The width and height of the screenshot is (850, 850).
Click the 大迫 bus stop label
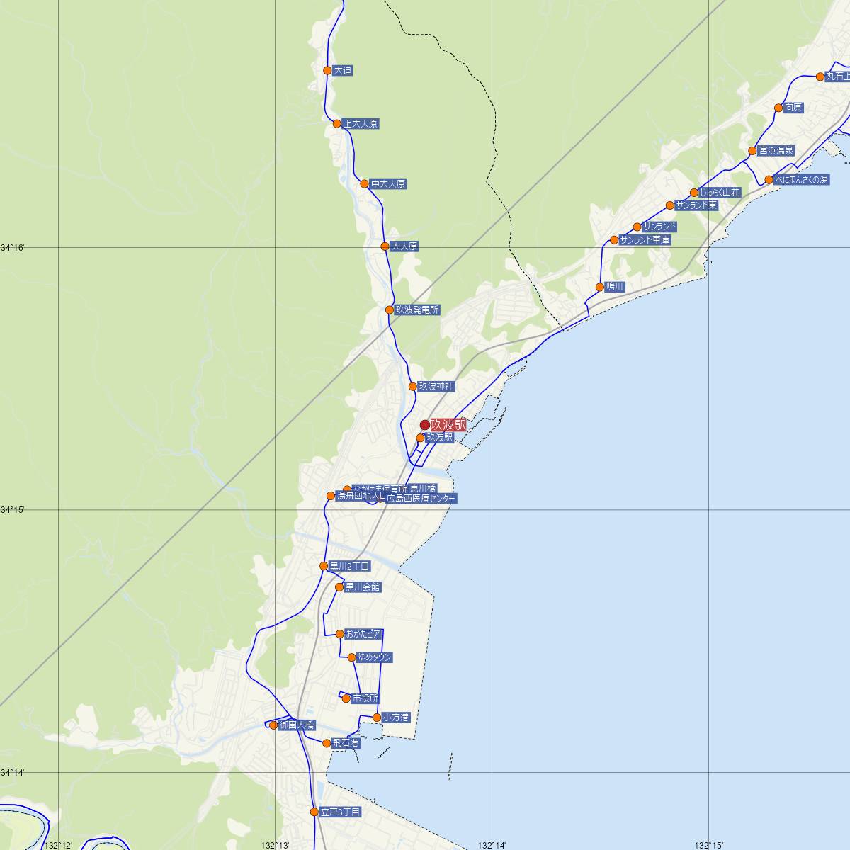343,71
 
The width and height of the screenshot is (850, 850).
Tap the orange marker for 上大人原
338,123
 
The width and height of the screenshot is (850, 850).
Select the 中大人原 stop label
388,184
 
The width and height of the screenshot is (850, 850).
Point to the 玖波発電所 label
417,310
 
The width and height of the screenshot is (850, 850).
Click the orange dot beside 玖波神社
413,387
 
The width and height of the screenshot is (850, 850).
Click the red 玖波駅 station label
449,425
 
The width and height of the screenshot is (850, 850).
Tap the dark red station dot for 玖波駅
425,425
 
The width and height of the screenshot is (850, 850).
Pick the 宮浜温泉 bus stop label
776,151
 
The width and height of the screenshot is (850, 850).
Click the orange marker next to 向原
778,108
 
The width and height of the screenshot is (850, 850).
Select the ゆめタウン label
375,657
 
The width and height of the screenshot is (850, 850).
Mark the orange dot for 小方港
377,718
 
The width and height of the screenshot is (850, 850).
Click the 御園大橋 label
296,725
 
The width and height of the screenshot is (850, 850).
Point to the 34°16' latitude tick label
13,248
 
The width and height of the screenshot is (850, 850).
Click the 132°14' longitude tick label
492,845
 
